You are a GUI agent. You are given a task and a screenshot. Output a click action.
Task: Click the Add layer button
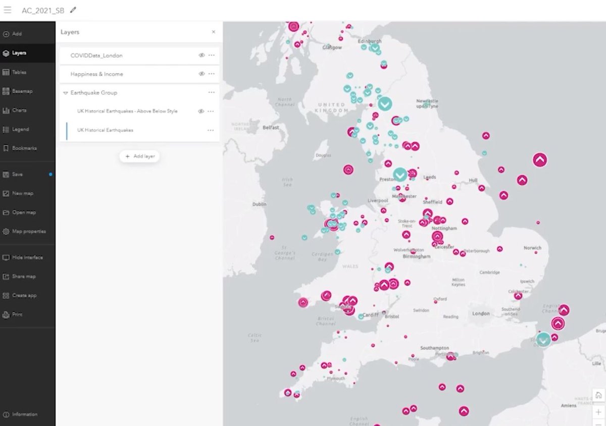tap(140, 156)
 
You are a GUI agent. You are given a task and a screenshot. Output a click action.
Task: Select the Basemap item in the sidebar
tap(22, 91)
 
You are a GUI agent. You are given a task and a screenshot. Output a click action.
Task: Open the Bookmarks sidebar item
tap(24, 148)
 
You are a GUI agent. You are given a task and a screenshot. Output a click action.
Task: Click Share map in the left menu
tap(23, 277)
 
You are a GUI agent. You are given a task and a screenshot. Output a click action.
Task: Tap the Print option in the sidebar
tap(17, 314)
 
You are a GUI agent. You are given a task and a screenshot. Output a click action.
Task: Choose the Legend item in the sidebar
tap(20, 129)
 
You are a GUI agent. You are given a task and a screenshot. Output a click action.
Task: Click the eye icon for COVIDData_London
tap(201, 56)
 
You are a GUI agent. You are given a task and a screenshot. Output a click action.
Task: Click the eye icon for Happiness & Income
tap(201, 74)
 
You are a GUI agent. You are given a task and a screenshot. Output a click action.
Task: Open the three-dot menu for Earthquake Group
tap(211, 92)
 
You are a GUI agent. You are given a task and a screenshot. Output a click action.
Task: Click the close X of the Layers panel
tap(213, 32)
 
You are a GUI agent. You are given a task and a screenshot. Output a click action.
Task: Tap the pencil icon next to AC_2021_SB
tap(74, 10)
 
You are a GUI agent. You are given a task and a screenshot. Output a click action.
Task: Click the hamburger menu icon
tap(8, 10)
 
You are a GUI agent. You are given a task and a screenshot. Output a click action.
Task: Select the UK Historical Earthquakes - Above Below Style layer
tap(127, 111)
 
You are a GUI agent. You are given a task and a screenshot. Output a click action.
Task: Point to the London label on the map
tap(481, 313)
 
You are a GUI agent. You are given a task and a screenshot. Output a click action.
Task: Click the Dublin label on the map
tap(259, 204)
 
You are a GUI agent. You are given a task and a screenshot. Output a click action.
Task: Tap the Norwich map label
tap(532, 248)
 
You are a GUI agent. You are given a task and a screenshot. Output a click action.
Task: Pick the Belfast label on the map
tap(271, 128)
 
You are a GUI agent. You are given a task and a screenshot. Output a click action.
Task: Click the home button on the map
tap(598, 395)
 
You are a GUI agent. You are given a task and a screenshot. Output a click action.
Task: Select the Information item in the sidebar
tap(24, 414)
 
